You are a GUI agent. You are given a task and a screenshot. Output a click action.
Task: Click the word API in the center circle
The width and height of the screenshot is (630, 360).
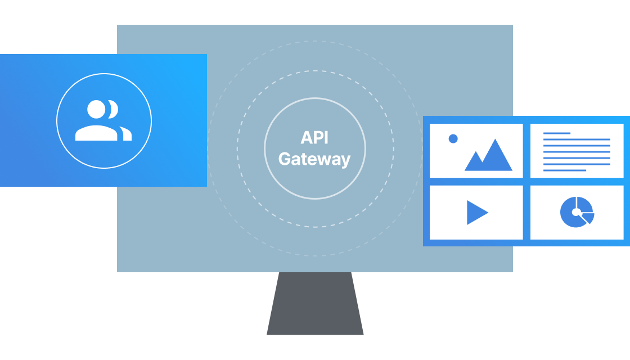click(314, 138)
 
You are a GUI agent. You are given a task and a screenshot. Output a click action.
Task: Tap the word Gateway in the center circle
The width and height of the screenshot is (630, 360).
click(314, 159)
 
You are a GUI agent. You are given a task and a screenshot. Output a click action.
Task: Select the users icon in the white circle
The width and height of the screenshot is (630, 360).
click(103, 120)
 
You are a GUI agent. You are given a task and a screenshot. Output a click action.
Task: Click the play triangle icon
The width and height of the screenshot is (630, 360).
click(476, 213)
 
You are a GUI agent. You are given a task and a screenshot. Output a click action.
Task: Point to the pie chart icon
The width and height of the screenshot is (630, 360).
click(576, 212)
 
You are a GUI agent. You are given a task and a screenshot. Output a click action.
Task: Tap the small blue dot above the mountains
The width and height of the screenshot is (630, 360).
click(453, 138)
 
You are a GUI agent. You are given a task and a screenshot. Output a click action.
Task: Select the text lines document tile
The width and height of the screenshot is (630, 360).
click(577, 151)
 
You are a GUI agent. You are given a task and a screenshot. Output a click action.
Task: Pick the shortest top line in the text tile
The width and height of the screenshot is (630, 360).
click(557, 133)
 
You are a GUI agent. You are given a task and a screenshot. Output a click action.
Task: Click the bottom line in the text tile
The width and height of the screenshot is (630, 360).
click(565, 170)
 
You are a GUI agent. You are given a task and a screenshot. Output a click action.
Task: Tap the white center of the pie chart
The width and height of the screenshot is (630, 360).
click(576, 212)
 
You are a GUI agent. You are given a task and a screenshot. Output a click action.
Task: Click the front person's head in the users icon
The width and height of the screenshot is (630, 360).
click(96, 109)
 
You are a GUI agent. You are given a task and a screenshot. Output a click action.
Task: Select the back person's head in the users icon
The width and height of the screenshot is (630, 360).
click(114, 109)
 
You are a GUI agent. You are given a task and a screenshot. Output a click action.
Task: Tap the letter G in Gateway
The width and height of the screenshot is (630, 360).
click(285, 159)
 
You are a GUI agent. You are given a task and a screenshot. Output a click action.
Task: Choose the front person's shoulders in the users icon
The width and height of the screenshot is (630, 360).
click(96, 133)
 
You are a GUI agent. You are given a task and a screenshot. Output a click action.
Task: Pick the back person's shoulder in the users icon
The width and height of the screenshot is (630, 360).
click(126, 134)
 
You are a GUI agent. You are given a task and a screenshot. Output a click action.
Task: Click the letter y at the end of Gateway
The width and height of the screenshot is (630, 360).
click(345, 161)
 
